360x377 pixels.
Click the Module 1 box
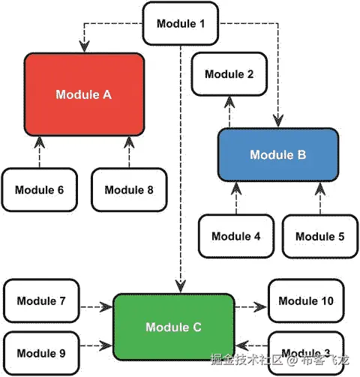(180, 23)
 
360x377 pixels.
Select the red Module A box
(83, 95)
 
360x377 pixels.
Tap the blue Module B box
(277, 155)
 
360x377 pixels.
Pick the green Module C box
(172, 327)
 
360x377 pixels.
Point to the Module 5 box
(319, 236)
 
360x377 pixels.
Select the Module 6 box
(39, 190)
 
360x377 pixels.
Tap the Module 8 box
(129, 190)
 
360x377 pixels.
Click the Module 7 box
(40, 301)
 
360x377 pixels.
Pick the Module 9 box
(40, 353)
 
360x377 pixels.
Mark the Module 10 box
(306, 301)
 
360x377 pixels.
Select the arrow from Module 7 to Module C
(96, 307)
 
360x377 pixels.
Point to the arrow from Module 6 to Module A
(39, 153)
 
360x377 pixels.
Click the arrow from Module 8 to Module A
(129, 153)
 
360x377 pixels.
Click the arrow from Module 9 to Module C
(96, 346)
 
